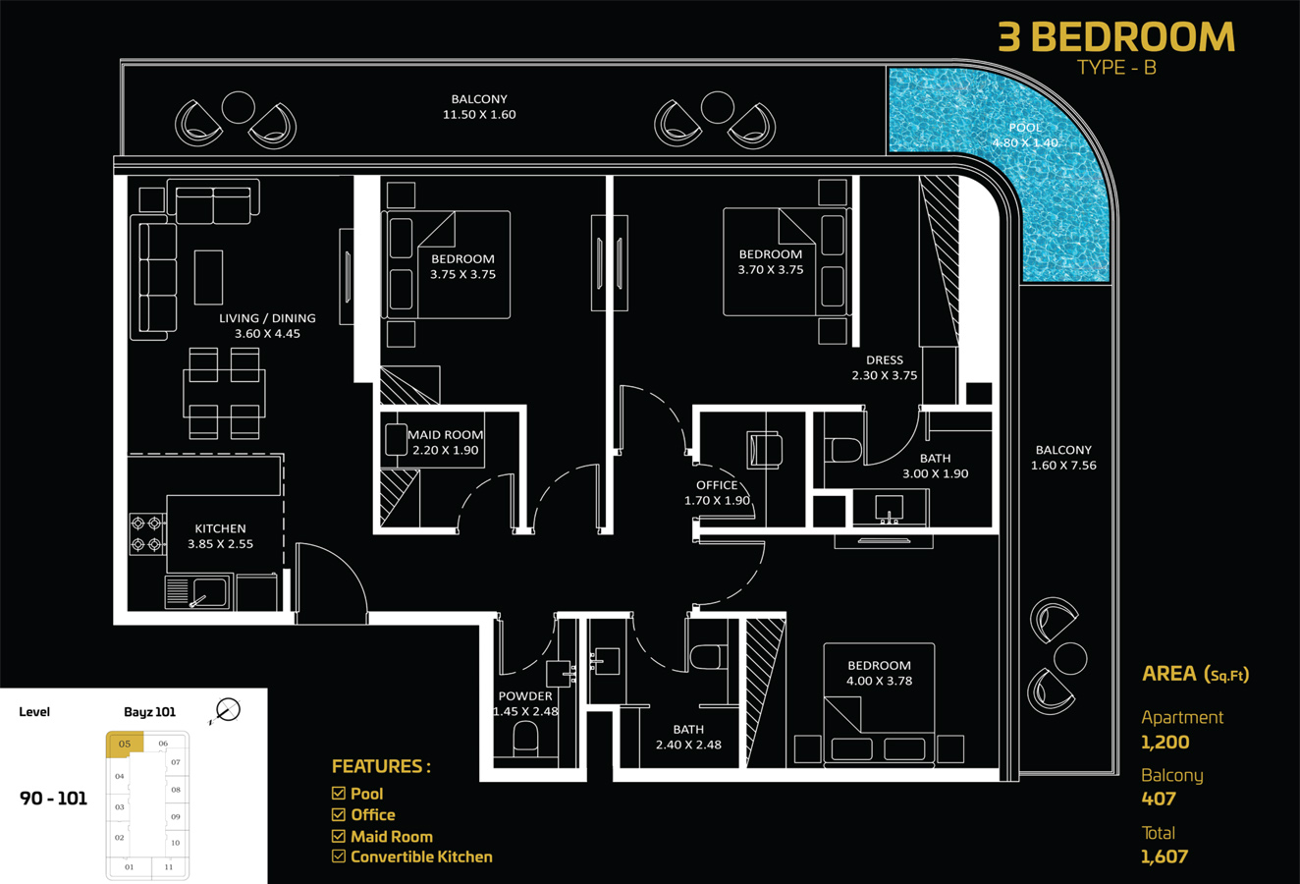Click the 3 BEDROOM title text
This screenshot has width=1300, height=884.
tap(1116, 37)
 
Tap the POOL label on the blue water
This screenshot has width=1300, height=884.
tap(1024, 128)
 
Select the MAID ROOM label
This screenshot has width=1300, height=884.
tap(445, 434)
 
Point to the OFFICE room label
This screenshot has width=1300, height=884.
tap(717, 485)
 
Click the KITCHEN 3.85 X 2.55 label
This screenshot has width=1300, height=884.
tap(220, 535)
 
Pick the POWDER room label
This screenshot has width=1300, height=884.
tap(525, 696)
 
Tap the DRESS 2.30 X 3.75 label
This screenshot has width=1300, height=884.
tap(884, 367)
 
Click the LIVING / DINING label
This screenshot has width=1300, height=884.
tap(267, 318)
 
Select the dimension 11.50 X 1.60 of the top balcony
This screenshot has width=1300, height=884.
tap(479, 115)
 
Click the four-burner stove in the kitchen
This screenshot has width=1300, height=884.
tap(146, 533)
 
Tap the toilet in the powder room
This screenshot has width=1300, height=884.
tap(525, 737)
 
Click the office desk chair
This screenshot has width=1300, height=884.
tap(765, 449)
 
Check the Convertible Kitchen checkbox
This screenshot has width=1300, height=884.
tap(339, 856)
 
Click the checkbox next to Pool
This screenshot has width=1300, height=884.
tap(339, 793)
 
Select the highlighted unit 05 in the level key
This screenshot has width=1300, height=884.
tap(125, 744)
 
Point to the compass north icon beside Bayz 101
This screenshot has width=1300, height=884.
tap(227, 709)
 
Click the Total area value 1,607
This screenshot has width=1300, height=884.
tap(1165, 856)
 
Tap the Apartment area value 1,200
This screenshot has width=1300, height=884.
tap(1165, 743)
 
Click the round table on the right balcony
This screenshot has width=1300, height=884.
tap(1069, 657)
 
